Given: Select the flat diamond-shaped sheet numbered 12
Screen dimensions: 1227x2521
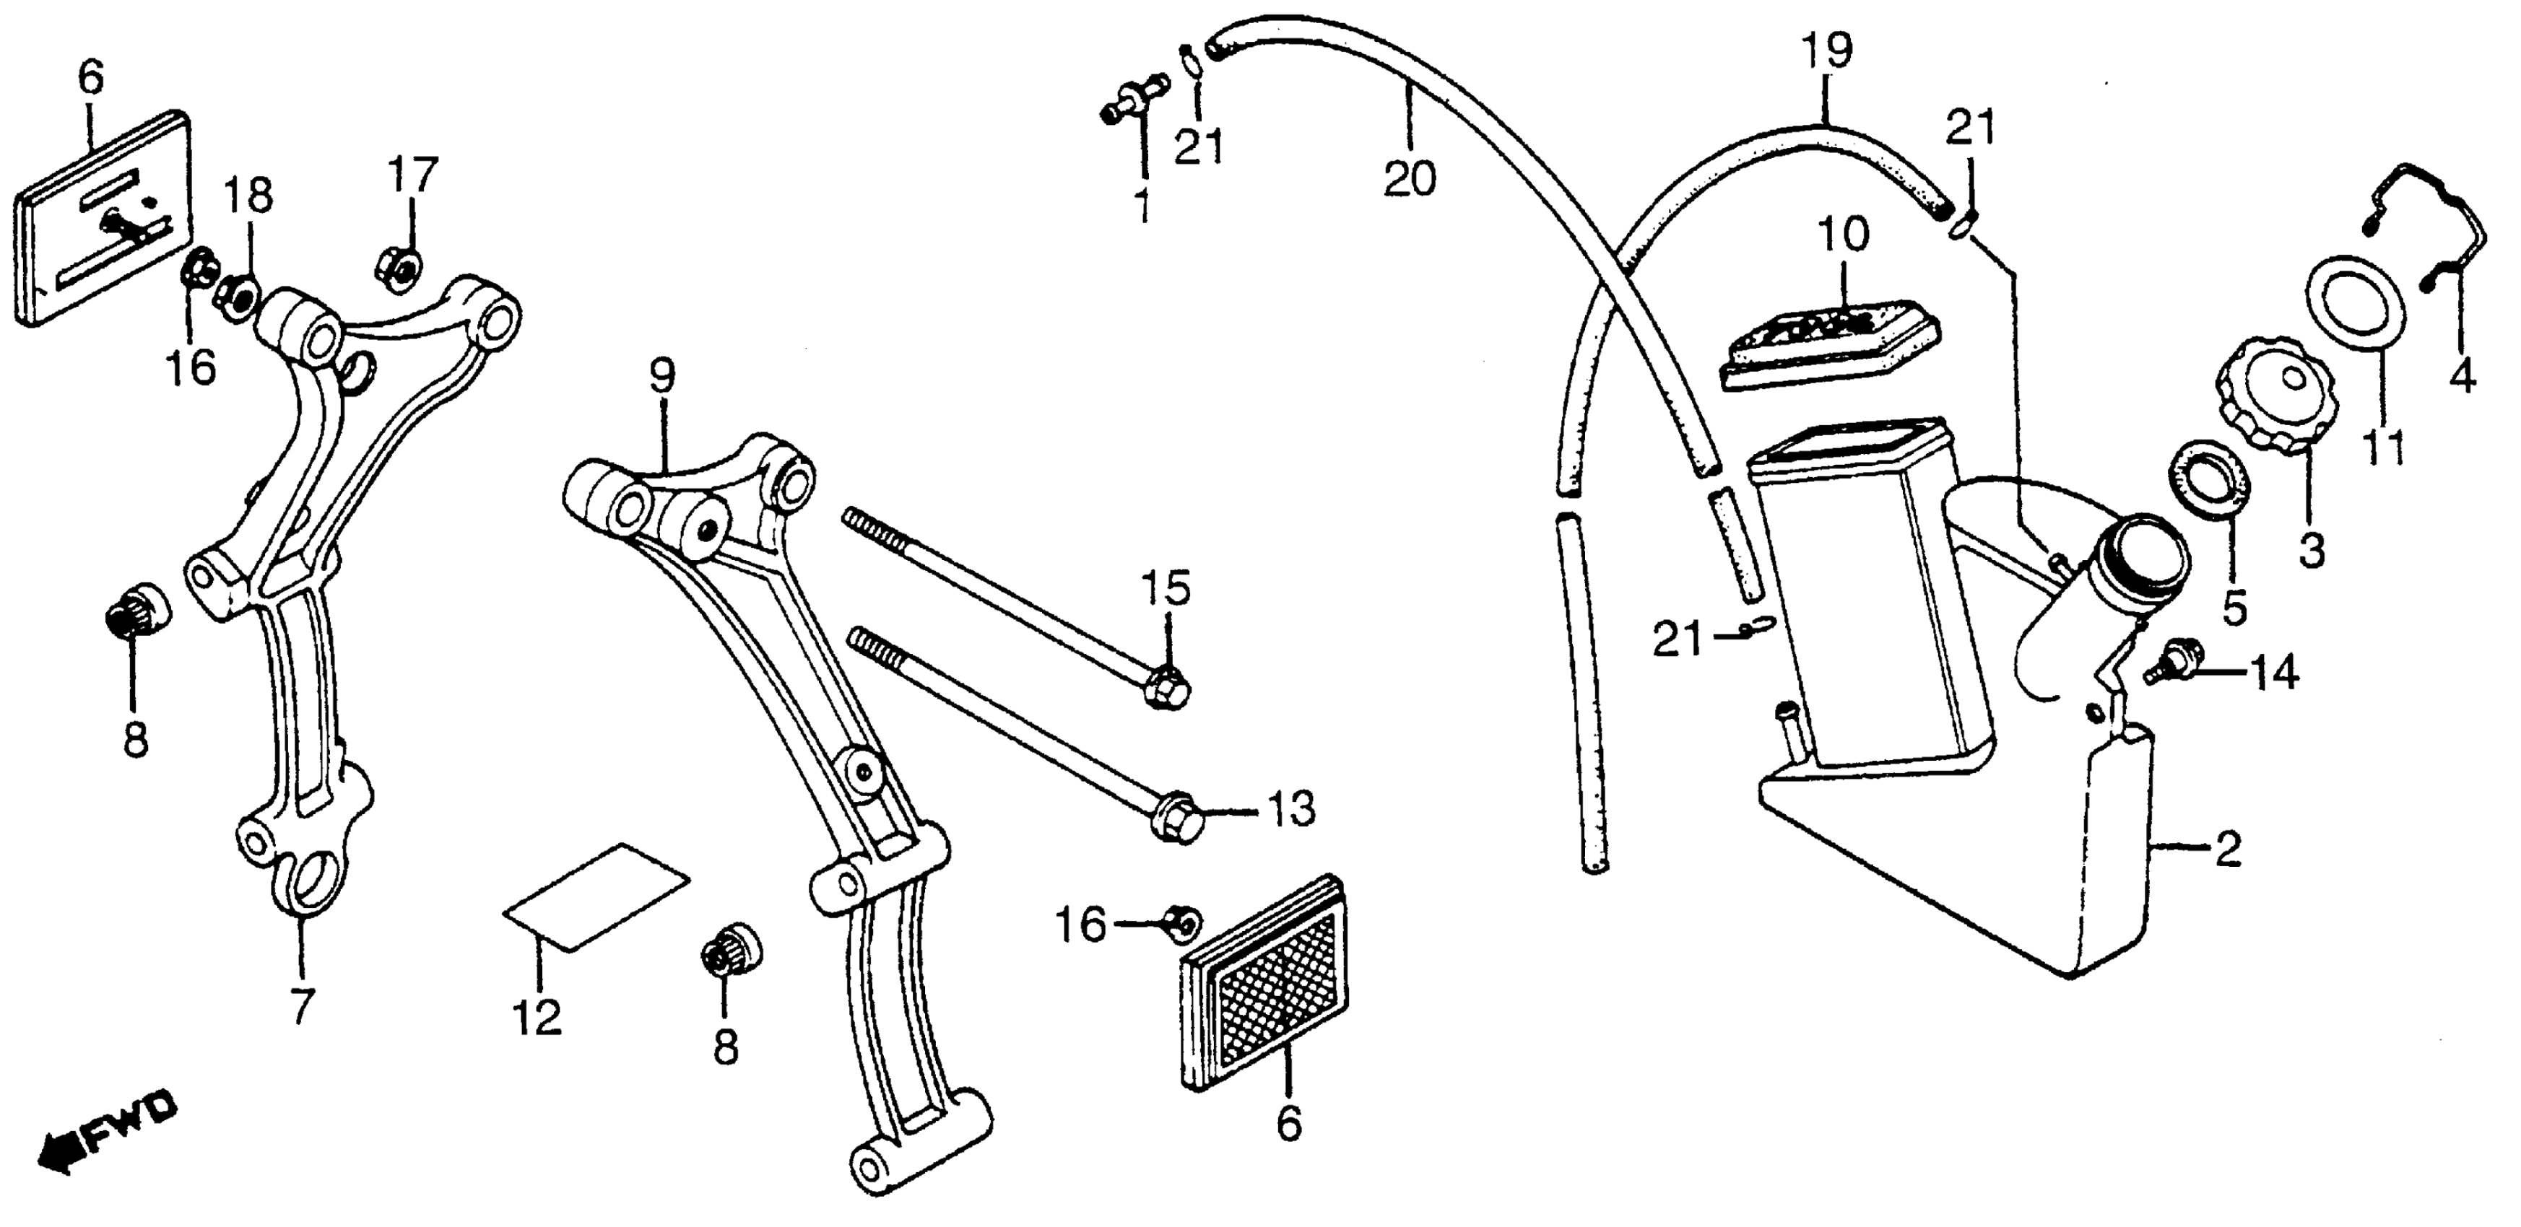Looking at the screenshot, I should pos(595,895).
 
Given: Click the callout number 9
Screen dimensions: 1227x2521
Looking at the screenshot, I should pos(661,377).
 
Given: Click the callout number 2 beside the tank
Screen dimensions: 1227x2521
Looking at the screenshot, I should pos(2229,850).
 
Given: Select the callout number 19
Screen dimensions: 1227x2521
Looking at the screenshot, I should pos(1826,50).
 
